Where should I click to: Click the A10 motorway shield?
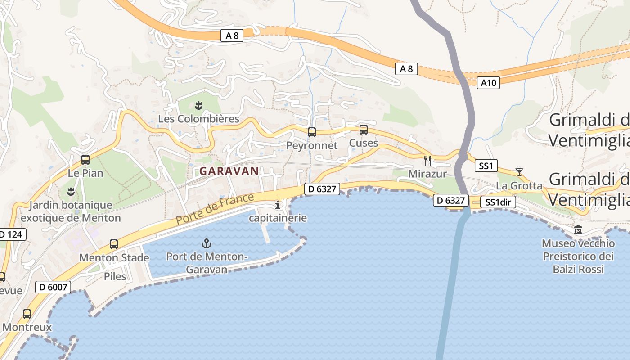pyautogui.click(x=488, y=83)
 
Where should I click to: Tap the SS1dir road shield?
pyautogui.click(x=498, y=202)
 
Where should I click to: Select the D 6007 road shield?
pyautogui.click(x=53, y=287)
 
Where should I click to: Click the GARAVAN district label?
pyautogui.click(x=229, y=171)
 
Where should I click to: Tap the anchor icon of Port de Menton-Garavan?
pyautogui.click(x=206, y=244)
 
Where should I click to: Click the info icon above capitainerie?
pyautogui.click(x=278, y=205)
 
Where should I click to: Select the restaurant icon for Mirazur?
pyautogui.click(x=427, y=160)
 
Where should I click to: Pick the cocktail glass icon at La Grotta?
pyautogui.click(x=519, y=172)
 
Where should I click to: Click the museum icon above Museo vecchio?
pyautogui.click(x=578, y=230)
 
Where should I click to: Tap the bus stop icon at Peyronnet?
pyautogui.click(x=311, y=132)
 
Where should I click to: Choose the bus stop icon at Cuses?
pyautogui.click(x=364, y=130)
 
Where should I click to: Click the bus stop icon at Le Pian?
pyautogui.click(x=85, y=159)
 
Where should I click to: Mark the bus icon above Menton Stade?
pyautogui.click(x=114, y=244)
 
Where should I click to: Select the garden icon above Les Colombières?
pyautogui.click(x=198, y=106)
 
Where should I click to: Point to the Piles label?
pyautogui.click(x=115, y=276)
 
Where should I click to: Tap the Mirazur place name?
pyautogui.click(x=427, y=174)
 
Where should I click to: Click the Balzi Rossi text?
pyautogui.click(x=578, y=269)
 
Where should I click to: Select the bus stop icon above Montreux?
pyautogui.click(x=27, y=314)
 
